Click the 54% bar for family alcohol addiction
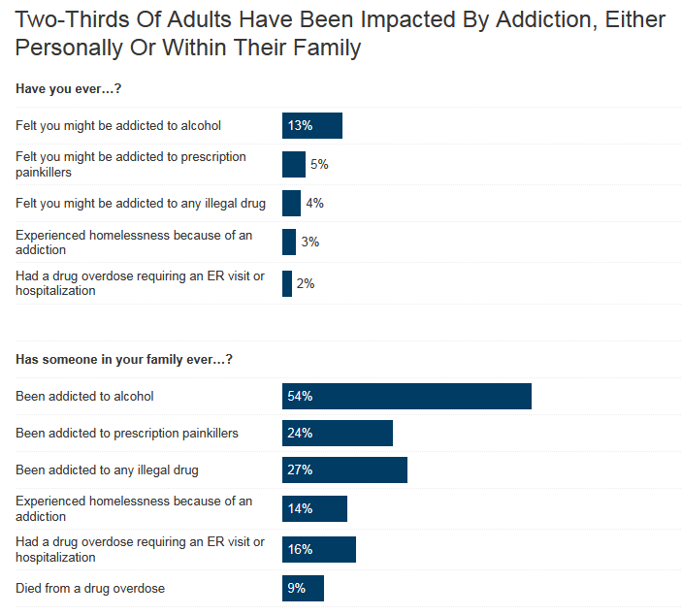coord(406,396)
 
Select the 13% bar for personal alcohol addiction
coord(311,125)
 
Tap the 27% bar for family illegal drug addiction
coord(344,469)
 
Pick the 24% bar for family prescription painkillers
coord(337,433)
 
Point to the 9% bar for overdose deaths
coord(303,588)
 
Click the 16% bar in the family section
coord(318,549)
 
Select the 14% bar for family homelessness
coord(314,508)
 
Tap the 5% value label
coord(319,165)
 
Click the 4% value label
coord(314,203)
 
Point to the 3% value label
coord(309,242)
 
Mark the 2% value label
coord(306,283)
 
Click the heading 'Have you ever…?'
coord(68,89)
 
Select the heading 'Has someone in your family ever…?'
coord(123,360)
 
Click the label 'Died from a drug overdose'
coord(90,588)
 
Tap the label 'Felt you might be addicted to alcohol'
coord(118,125)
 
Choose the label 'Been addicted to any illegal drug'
coord(107,469)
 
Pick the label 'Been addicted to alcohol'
coord(84,396)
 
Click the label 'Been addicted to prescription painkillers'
coord(127,433)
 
